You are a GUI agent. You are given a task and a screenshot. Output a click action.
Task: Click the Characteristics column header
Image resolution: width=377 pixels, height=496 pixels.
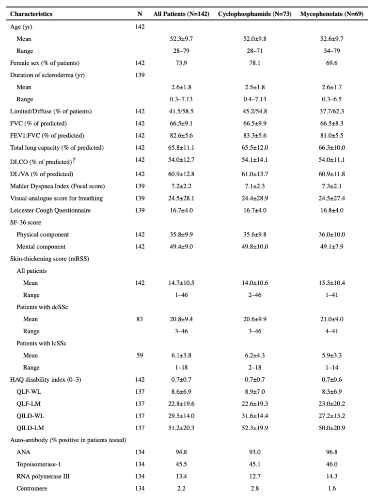click(x=31, y=14)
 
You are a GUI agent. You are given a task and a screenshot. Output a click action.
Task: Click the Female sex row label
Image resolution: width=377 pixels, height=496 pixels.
click(x=45, y=63)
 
